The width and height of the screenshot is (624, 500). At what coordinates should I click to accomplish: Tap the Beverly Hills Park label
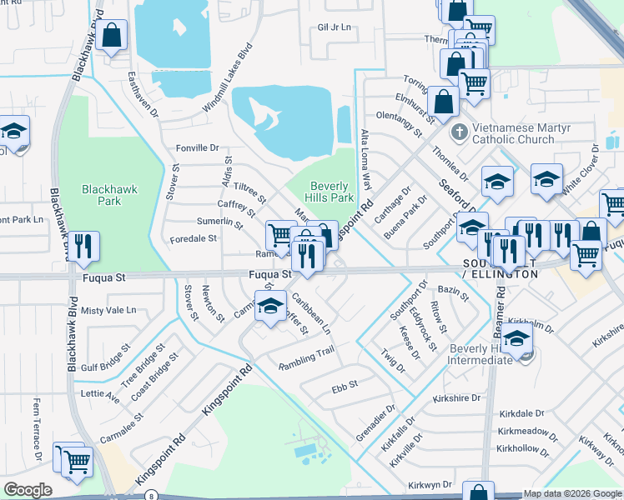332,192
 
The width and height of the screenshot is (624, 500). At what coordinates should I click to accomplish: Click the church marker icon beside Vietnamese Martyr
458,132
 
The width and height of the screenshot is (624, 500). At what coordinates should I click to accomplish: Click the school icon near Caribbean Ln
270,307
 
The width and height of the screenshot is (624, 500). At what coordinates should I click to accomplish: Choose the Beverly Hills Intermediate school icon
517,339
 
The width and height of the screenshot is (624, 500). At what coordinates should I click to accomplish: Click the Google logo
28,490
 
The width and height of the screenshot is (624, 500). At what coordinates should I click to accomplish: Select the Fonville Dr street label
197,148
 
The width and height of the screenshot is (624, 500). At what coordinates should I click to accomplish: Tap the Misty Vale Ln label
108,310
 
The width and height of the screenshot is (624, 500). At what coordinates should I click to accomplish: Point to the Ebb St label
345,385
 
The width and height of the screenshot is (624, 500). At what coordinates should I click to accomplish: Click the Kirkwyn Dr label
430,483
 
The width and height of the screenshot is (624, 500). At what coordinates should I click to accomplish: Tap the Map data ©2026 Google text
571,493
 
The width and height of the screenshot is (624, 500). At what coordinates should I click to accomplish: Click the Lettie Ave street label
100,393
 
